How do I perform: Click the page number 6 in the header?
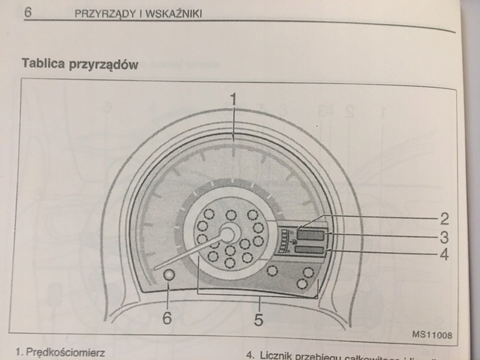[28, 12]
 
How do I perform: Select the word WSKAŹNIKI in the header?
[174, 16]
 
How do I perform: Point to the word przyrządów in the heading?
[105, 65]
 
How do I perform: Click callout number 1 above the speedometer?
[233, 98]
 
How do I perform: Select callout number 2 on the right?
[445, 219]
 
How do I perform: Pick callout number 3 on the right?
[445, 237]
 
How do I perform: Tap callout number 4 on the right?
[445, 255]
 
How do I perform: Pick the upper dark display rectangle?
[310, 235]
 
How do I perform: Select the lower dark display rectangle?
[309, 250]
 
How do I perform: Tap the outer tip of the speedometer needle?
[156, 268]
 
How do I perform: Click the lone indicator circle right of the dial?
[273, 270]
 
